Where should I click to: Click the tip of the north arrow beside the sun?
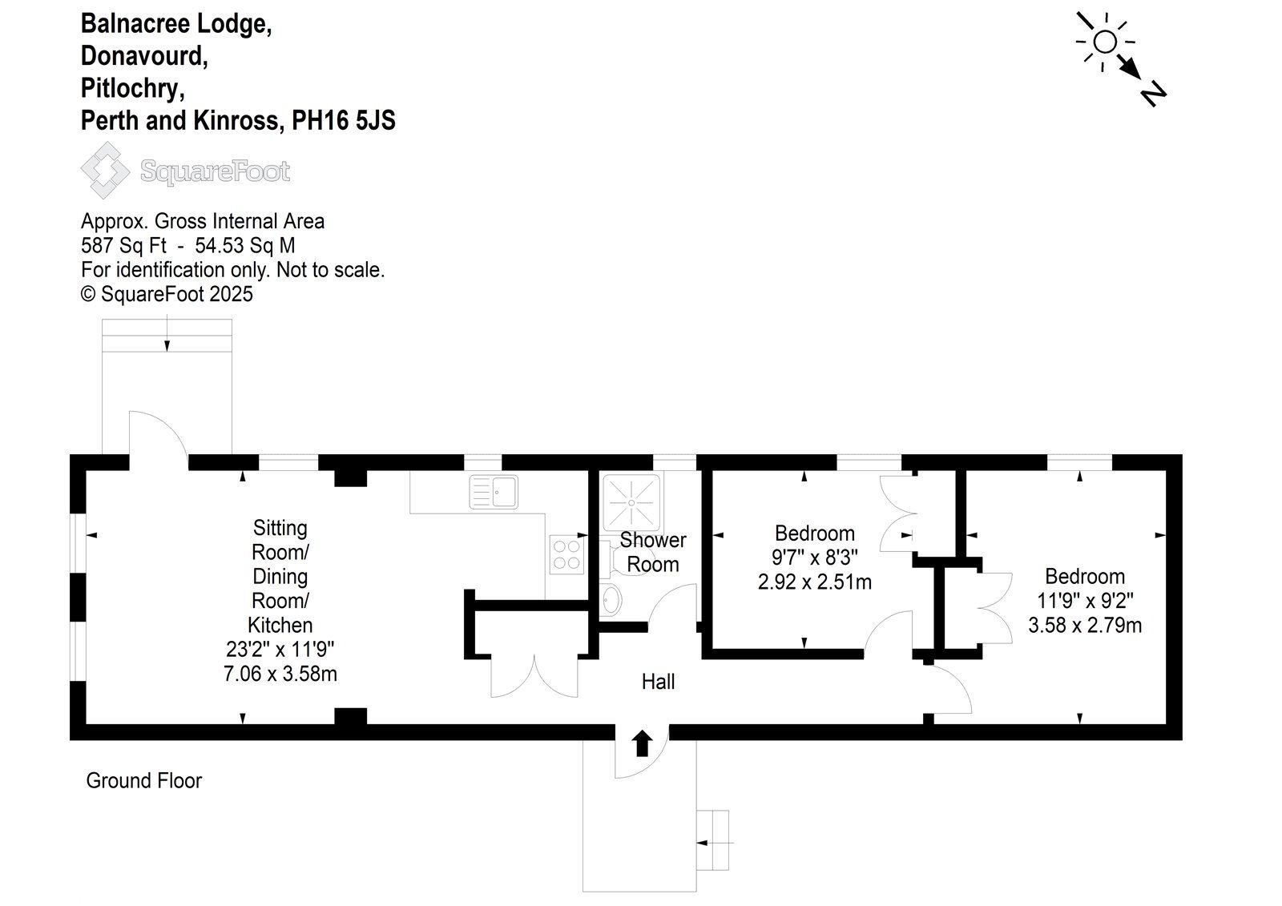[1141, 79]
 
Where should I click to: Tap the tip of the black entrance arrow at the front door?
[642, 730]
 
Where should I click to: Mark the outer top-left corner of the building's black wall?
[70, 454]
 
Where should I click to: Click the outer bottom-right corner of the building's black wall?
[1183, 741]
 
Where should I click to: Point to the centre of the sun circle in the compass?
[1105, 42]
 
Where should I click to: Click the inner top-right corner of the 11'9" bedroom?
[1167, 470]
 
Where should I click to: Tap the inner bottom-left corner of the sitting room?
[86, 725]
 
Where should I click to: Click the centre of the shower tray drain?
[631, 503]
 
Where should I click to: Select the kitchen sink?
[494, 492]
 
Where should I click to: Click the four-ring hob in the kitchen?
[566, 554]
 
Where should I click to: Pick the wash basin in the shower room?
[611, 600]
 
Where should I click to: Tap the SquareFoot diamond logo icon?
[105, 171]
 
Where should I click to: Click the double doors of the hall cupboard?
[534, 676]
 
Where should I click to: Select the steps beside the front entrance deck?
[713, 841]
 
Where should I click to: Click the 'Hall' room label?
[658, 682]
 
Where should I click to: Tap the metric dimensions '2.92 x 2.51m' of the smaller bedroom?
[814, 582]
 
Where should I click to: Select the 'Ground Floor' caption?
[143, 781]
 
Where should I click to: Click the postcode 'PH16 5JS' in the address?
[344, 120]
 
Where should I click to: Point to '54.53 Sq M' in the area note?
[245, 246]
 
